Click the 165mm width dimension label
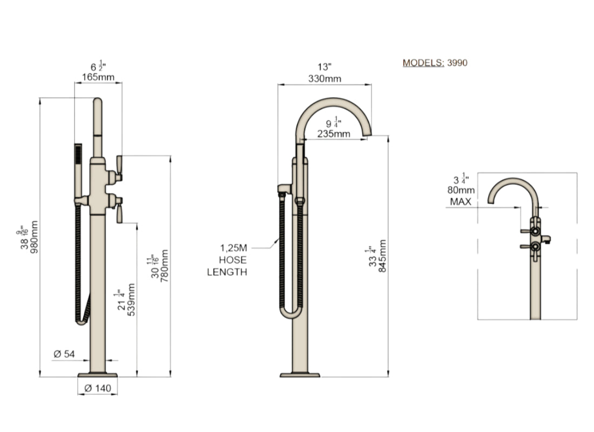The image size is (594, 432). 98,78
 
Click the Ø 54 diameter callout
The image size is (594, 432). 64,354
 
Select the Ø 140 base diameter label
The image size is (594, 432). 98,388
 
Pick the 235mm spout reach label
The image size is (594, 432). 334,134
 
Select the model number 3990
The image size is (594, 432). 457,63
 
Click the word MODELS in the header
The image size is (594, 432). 423,63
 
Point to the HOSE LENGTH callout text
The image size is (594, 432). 227,260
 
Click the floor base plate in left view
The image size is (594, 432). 98,374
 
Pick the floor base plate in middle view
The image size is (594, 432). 300,374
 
